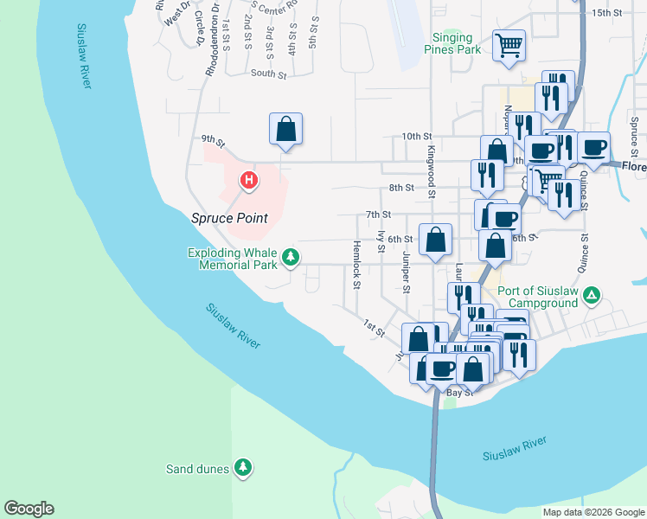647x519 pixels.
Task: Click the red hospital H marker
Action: click(x=249, y=181)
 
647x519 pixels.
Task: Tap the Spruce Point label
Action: click(x=229, y=218)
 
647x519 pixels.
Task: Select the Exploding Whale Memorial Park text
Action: click(x=233, y=259)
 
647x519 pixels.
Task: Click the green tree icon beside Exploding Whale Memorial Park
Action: click(x=291, y=257)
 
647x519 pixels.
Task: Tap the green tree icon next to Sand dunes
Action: click(x=245, y=468)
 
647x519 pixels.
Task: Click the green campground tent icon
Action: click(x=591, y=297)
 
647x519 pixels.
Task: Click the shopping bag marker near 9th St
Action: click(x=286, y=129)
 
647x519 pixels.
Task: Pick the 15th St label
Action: click(x=607, y=13)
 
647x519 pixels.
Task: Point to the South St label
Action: click(x=268, y=74)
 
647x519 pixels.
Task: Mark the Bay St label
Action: click(x=458, y=393)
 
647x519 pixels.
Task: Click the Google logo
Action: click(x=29, y=509)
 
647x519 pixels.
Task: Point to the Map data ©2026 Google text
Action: click(x=593, y=512)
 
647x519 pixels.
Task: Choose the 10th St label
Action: click(x=416, y=137)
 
